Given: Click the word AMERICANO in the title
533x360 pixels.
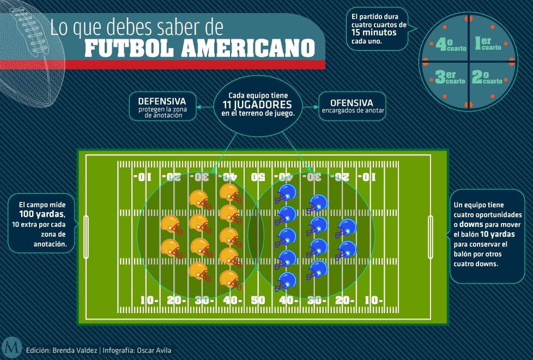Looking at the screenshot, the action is tap(248, 49).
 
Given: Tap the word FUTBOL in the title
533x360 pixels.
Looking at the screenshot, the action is tap(129, 49).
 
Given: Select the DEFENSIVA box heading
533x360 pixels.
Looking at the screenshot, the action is tap(162, 101).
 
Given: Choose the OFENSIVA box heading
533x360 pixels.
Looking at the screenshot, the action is tap(352, 103).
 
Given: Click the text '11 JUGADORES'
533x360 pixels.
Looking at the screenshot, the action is tap(257, 105).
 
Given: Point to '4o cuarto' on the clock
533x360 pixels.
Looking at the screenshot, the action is tap(451, 45).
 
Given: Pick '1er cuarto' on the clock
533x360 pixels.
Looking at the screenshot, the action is tap(488, 44).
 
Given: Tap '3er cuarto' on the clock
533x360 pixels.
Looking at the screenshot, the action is tap(450, 77).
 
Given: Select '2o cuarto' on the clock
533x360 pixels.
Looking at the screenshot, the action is tap(487, 77).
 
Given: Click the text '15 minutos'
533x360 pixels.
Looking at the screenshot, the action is tap(374, 33).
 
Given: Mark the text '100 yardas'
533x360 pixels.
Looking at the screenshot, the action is tap(41, 214).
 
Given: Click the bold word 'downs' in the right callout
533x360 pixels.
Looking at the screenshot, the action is tap(471, 225).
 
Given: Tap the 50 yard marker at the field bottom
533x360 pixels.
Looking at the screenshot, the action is tap(258, 300).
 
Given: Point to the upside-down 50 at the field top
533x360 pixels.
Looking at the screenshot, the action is tap(258, 177).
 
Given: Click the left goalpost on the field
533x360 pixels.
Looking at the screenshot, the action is tap(86, 237).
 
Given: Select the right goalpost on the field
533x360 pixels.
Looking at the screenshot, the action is tap(431, 237).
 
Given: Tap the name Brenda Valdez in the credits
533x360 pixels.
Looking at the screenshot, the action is tap(75, 351).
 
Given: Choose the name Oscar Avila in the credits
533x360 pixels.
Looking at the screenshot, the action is tap(154, 351).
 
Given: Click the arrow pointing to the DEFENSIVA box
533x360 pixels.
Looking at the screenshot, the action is tap(205, 107).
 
